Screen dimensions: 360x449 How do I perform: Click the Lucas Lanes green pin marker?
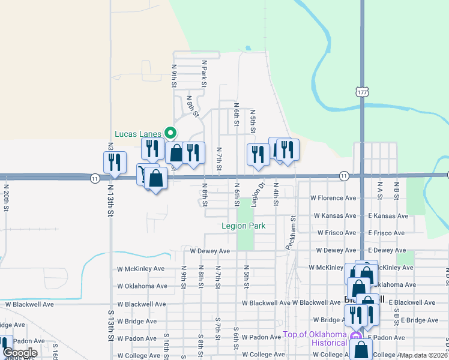(x=170, y=133)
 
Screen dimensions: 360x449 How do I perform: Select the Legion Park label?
(x=243, y=226)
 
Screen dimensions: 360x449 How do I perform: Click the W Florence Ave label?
(x=333, y=197)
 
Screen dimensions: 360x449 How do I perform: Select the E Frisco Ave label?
(x=388, y=233)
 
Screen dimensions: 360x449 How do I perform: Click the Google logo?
(x=19, y=352)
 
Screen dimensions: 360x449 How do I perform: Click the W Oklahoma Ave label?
(x=142, y=286)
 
